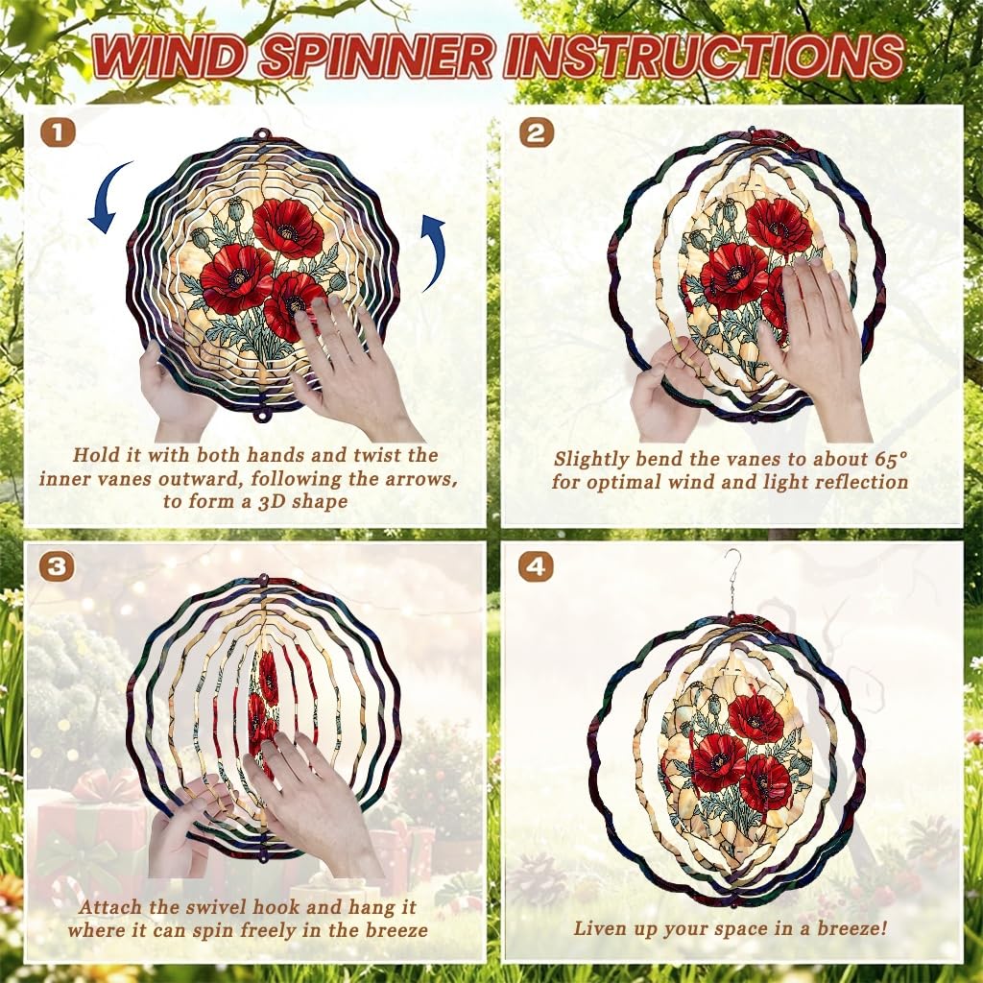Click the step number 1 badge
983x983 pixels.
pyautogui.click(x=58, y=132)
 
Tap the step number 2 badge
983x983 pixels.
pyautogui.click(x=537, y=132)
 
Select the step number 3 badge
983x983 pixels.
pyautogui.click(x=58, y=566)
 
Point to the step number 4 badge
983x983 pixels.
pyautogui.click(x=537, y=566)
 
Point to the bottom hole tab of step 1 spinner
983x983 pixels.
pyautogui.click(x=262, y=415)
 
